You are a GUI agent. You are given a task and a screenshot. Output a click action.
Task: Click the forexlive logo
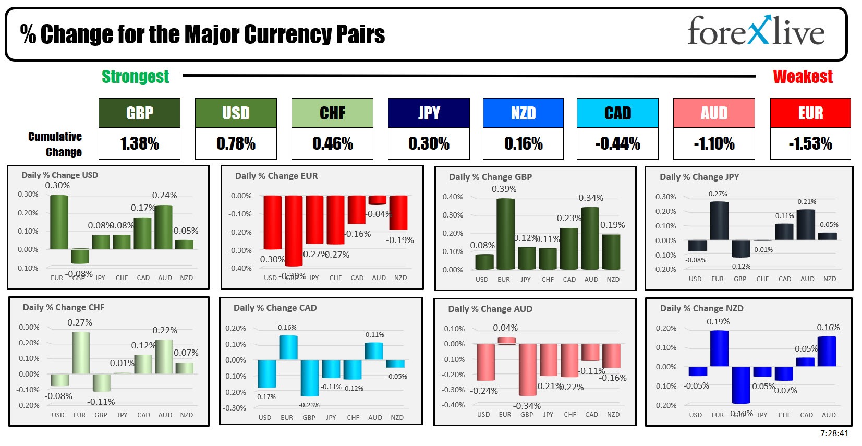pyautogui.click(x=756, y=31)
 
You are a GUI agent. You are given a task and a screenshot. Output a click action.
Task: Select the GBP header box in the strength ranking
pyautogui.click(x=139, y=113)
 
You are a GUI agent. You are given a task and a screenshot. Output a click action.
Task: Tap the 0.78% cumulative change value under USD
pyautogui.click(x=236, y=143)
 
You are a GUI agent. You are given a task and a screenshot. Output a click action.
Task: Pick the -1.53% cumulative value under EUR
pyautogui.click(x=810, y=143)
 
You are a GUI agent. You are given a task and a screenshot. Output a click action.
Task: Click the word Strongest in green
pyautogui.click(x=135, y=77)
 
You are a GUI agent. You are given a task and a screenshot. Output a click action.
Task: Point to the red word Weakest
pyautogui.click(x=803, y=77)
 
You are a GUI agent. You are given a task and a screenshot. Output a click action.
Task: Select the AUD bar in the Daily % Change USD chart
pyautogui.click(x=163, y=227)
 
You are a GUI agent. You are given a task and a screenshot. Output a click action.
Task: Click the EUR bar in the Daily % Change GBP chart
pyautogui.click(x=505, y=234)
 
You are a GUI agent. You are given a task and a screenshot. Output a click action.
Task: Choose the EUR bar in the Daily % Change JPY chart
pyautogui.click(x=719, y=221)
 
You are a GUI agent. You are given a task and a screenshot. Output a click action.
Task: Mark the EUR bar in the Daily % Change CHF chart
pyautogui.click(x=80, y=353)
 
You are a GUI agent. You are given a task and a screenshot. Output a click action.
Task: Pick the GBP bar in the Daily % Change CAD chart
pyautogui.click(x=309, y=378)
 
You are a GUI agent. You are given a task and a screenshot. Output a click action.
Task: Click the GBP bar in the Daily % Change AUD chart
pyautogui.click(x=527, y=369)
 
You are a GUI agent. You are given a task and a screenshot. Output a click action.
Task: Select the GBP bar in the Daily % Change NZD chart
pyautogui.click(x=740, y=385)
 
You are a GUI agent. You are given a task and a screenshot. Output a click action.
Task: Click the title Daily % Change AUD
pyautogui.click(x=490, y=309)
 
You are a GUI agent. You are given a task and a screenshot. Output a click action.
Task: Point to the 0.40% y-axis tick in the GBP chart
pyautogui.click(x=452, y=197)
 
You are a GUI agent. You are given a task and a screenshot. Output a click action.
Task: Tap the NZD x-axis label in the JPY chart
pyautogui.click(x=829, y=279)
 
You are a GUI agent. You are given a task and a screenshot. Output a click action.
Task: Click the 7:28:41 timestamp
pyautogui.click(x=834, y=433)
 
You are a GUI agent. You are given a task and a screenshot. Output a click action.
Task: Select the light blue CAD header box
pyautogui.click(x=617, y=113)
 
